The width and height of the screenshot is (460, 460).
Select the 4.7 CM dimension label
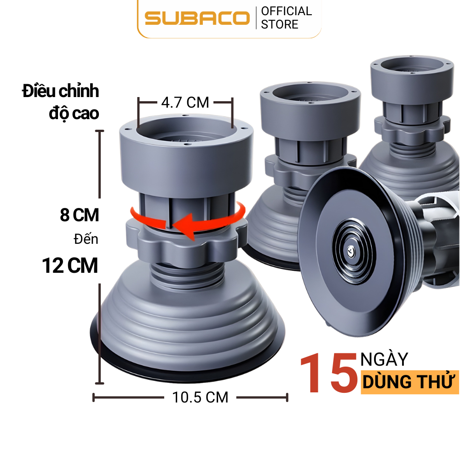click(185, 102)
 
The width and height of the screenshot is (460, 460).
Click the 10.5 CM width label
click(200, 397)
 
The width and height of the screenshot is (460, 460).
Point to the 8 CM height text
click(80, 215)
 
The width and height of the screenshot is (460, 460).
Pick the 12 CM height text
click(70, 265)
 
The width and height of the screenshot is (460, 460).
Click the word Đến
click(86, 240)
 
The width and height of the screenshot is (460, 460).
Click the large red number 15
click(328, 374)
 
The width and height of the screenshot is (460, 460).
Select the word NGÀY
click(384, 359)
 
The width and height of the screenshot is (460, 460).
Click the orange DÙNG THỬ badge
click(409, 382)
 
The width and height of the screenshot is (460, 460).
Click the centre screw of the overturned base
click(351, 251)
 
